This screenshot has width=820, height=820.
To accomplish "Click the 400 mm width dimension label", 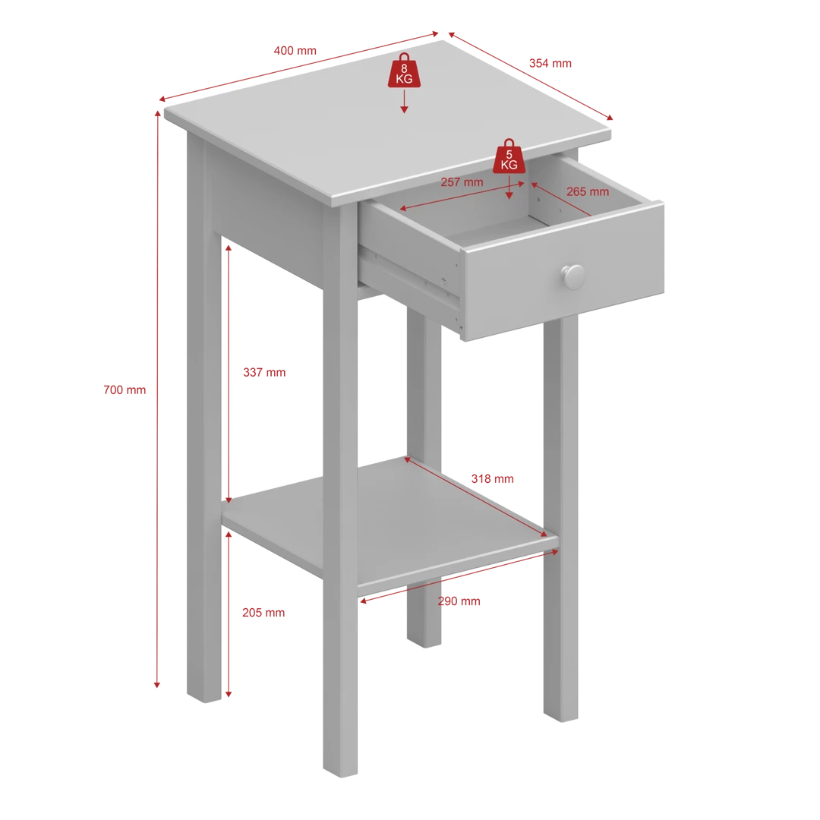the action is [295, 51].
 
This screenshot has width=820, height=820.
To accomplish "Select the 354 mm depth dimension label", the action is [550, 63].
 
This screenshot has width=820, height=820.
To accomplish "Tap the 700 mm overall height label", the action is [125, 389].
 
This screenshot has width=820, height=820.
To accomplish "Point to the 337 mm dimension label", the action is [264, 372].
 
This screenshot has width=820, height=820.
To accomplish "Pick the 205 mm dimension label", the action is [263, 613].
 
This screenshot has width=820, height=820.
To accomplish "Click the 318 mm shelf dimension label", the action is [492, 478].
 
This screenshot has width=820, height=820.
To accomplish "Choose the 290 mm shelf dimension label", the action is [459, 601].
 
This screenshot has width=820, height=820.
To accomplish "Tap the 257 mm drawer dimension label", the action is [462, 182].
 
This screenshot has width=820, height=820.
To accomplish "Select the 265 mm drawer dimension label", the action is [587, 191].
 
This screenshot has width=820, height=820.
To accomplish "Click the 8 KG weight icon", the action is [404, 71].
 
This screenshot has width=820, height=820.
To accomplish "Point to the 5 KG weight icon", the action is [509, 157].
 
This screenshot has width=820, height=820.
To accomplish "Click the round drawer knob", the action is [574, 276].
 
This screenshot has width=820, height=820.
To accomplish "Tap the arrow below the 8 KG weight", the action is [404, 101].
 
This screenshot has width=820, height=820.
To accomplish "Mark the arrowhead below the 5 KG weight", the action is [509, 196].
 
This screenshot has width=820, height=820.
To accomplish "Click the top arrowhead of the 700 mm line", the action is [157, 114].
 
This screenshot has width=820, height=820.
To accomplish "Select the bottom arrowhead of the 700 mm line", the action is [157, 685].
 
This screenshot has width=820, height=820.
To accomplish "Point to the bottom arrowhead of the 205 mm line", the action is [229, 694].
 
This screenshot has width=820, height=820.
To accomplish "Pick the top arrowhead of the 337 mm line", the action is [229, 248].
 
